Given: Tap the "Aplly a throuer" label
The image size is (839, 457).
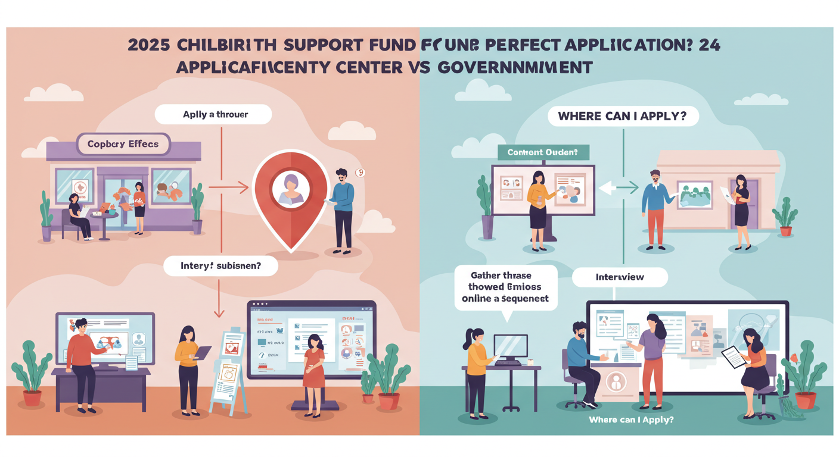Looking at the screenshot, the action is point(215,115).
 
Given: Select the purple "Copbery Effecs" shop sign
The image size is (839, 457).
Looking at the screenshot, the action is point(123,145).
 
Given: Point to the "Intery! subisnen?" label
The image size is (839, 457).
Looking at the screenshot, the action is point(220,266).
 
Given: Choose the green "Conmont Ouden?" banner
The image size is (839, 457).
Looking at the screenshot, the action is point(543,152).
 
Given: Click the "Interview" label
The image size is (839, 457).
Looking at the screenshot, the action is point(620,277).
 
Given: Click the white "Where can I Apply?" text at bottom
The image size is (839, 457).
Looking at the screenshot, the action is point(630,420).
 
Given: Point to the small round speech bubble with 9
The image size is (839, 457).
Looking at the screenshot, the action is point(359,173).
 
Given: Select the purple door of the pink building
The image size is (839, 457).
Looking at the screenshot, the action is point(750,202).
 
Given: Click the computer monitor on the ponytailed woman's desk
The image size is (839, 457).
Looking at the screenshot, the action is point(510,346).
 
